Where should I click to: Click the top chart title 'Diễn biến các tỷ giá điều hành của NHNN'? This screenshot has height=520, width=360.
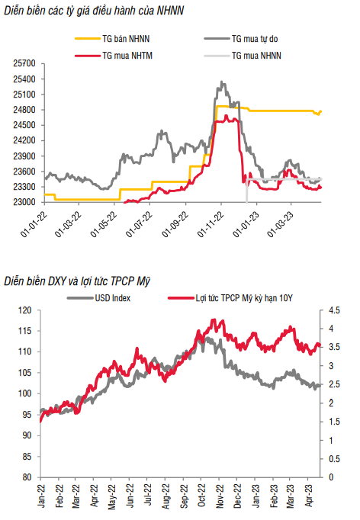pos(94,11)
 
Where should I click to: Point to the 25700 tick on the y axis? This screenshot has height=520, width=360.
pos(24,63)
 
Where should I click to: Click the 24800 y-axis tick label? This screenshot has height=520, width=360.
pos(24,110)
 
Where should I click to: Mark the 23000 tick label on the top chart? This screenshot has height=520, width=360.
pos(24,202)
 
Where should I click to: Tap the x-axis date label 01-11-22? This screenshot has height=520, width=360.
pos(211,224)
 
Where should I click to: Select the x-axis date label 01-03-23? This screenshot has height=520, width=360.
pos(281,224)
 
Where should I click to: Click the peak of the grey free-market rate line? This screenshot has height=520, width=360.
pos(222,82)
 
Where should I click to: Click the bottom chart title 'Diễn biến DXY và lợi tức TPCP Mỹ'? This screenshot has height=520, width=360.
pos(77,281)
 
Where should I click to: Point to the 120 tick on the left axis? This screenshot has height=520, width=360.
pos(25,310)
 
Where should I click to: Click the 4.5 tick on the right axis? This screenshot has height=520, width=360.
pos(334,310)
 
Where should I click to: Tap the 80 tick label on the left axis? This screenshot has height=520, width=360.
pos(27,477)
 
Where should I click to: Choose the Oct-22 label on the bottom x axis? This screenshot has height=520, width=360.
pos(201,495)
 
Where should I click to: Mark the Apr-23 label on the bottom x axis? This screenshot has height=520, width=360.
pos(309,495)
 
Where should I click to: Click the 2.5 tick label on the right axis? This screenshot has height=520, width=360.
pos(334,384)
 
